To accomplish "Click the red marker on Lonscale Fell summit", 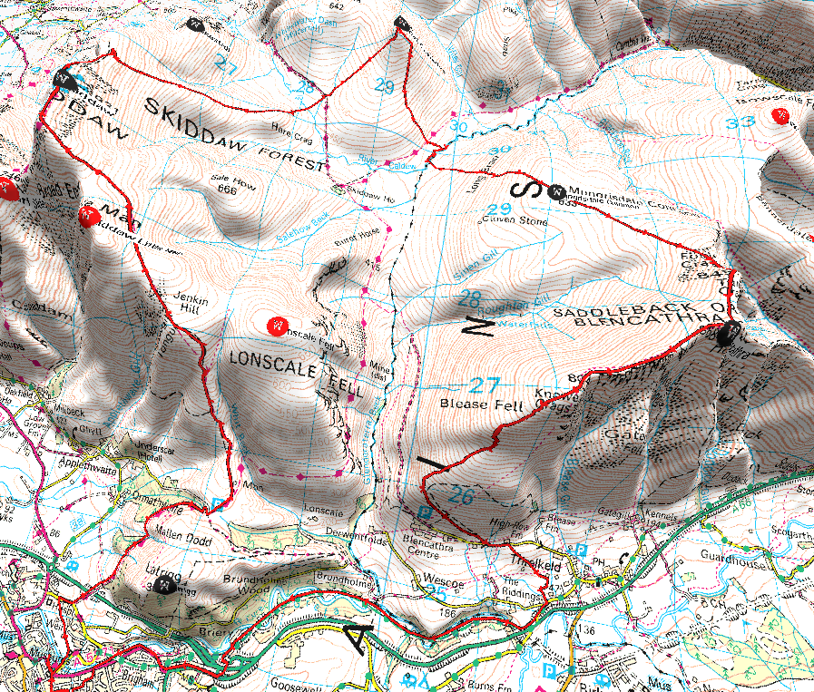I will [276, 325].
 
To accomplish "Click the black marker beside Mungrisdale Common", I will [557, 190].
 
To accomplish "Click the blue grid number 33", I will [747, 122].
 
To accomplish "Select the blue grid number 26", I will [462, 496].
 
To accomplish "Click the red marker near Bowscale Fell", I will [780, 114].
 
